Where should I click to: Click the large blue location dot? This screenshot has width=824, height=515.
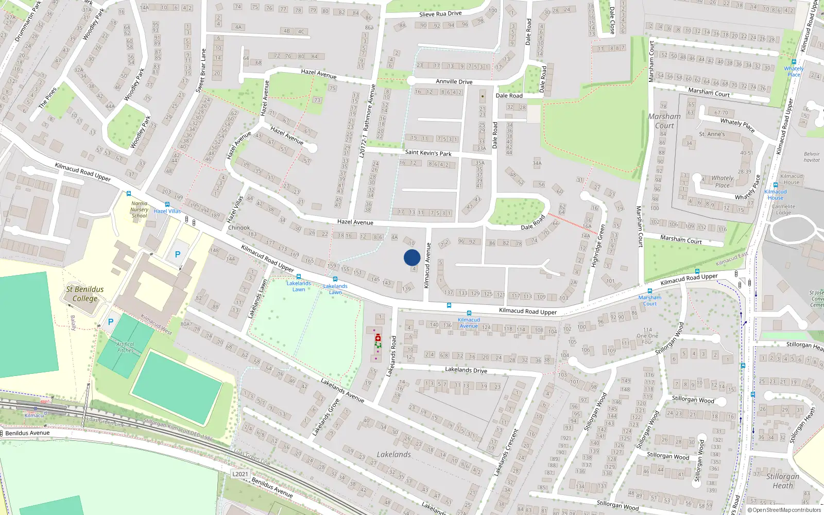[412, 257]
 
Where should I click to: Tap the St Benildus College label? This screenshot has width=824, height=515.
[85, 294]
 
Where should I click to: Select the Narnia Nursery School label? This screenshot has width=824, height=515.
[139, 210]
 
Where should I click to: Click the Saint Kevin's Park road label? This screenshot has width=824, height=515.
[428, 153]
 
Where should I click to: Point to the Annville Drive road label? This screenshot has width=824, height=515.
[454, 81]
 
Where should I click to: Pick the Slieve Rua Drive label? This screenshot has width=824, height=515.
[440, 14]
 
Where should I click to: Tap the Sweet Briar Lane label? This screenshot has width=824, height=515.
[201, 71]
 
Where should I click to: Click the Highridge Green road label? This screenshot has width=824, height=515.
[598, 245]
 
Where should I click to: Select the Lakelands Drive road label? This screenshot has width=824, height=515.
[466, 370]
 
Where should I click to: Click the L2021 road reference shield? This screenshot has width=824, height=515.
[240, 474]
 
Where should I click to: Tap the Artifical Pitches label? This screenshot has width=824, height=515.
[125, 347]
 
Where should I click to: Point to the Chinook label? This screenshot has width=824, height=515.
[239, 228]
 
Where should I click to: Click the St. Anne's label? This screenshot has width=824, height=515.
[712, 134]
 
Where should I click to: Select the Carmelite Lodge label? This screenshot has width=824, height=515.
[783, 210]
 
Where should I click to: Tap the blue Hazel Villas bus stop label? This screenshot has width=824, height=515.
[167, 211]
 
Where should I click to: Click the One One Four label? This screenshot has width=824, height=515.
[647, 336]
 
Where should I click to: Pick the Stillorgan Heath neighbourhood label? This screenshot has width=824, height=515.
[782, 480]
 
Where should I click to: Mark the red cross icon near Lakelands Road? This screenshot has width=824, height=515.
[377, 337]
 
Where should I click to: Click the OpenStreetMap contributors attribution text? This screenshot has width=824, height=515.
[784, 510]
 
